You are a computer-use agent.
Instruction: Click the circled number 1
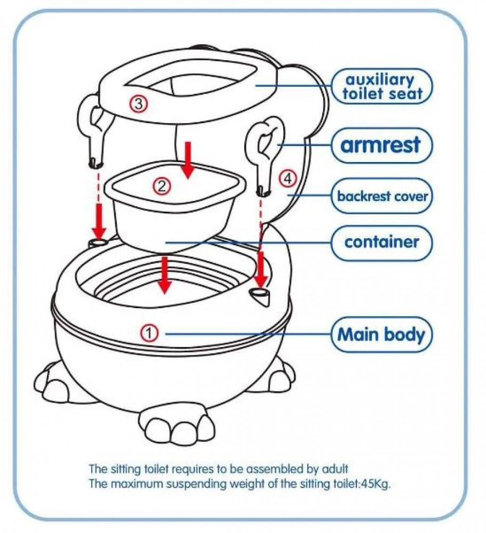point(149,333)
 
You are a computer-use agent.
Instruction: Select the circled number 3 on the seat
point(138,104)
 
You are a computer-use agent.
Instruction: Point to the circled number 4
point(288,179)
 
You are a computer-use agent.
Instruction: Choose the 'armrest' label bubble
point(382,146)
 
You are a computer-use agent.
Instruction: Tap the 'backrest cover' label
point(382,196)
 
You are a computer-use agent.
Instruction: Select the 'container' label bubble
point(382,243)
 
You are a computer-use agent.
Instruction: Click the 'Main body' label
point(382,335)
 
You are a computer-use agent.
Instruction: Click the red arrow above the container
point(188,160)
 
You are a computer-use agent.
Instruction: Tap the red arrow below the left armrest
point(99,221)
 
